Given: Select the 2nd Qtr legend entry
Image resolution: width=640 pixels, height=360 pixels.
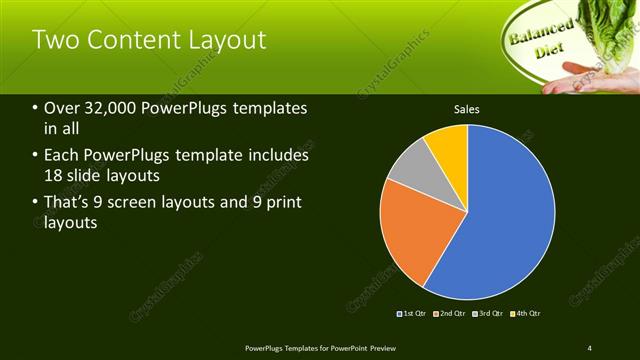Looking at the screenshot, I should pyautogui.click(x=450, y=314).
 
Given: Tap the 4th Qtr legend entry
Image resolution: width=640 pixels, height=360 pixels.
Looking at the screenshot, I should pyautogui.click(x=525, y=314).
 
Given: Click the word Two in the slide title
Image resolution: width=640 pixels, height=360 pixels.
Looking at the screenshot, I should pyautogui.click(x=55, y=40).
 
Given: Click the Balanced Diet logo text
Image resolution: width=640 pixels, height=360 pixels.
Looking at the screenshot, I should pyautogui.click(x=541, y=37).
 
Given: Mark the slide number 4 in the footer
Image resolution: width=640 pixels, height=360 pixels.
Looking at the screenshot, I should pyautogui.click(x=590, y=347).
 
